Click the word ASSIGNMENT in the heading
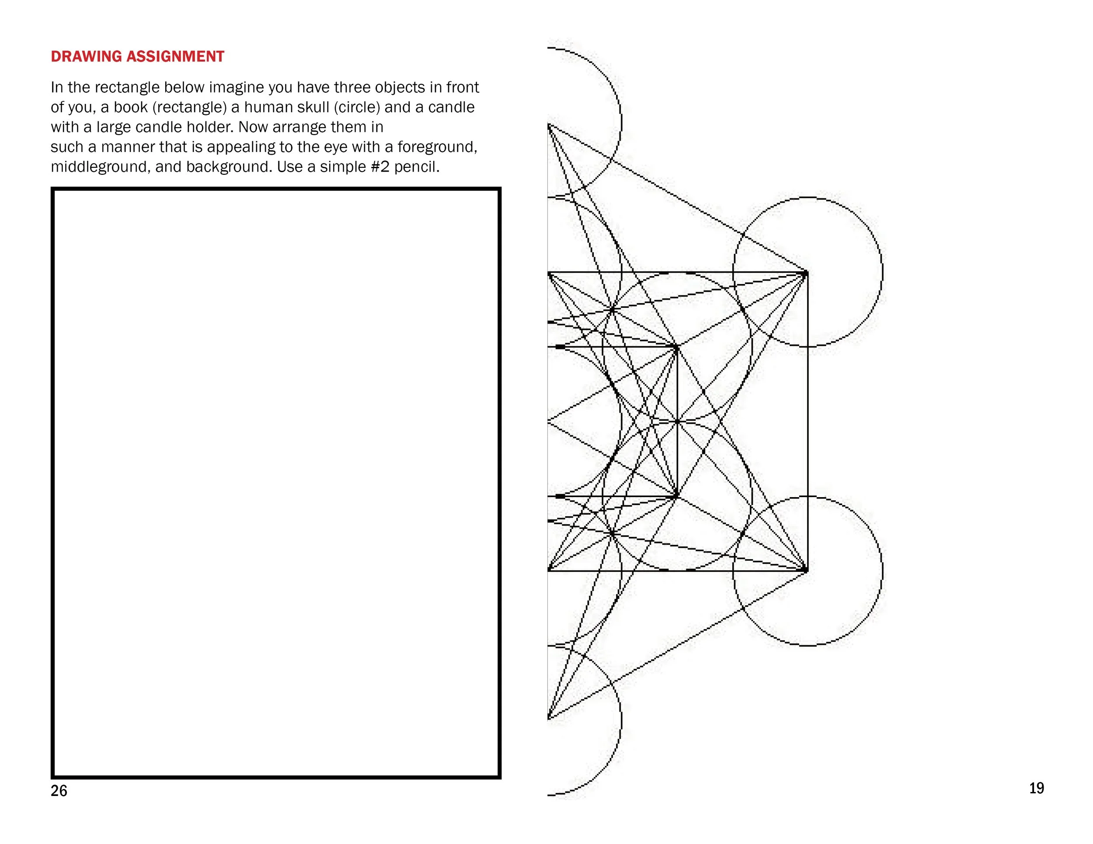[x=175, y=56]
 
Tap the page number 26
[x=59, y=791]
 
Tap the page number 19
[x=1037, y=788]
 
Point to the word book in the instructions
[x=131, y=107]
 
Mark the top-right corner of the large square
[x=807, y=273]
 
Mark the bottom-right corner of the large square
[x=807, y=571]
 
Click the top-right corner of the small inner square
[x=677, y=346]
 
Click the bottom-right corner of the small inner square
[x=677, y=497]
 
